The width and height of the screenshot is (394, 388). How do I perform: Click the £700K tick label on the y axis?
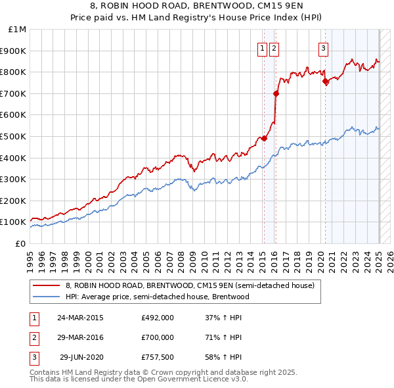tap(13, 93)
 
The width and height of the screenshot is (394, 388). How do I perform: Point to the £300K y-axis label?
tap(13, 179)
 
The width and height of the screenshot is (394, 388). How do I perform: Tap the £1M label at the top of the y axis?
tap(16, 30)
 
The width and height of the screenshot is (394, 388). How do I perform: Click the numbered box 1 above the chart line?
tap(262, 47)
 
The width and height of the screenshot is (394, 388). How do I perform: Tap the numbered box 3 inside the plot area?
tap(324, 47)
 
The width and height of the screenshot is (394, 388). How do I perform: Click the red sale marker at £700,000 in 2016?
tap(276, 93)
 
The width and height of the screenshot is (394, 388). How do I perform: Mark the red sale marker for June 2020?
tap(326, 82)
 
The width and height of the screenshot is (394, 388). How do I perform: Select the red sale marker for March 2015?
tap(264, 138)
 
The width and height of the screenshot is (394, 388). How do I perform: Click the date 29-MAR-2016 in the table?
tap(80, 337)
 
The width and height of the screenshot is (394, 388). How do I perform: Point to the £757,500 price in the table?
tap(158, 358)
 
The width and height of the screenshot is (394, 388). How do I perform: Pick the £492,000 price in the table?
tap(158, 317)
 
